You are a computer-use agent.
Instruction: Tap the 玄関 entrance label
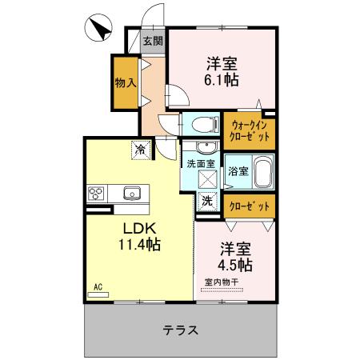click(153, 41)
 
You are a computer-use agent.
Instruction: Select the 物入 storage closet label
click(125, 82)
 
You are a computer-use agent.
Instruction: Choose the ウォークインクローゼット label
click(250, 130)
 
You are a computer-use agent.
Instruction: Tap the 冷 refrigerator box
click(141, 148)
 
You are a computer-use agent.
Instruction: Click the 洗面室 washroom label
click(200, 163)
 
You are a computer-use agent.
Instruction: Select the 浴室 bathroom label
click(238, 170)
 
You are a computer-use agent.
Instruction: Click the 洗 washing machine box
click(207, 202)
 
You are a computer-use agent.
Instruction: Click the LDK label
click(138, 226)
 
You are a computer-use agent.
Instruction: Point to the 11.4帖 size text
click(138, 244)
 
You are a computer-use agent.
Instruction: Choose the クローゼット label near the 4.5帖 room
click(249, 206)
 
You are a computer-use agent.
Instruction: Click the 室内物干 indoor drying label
click(225, 282)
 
